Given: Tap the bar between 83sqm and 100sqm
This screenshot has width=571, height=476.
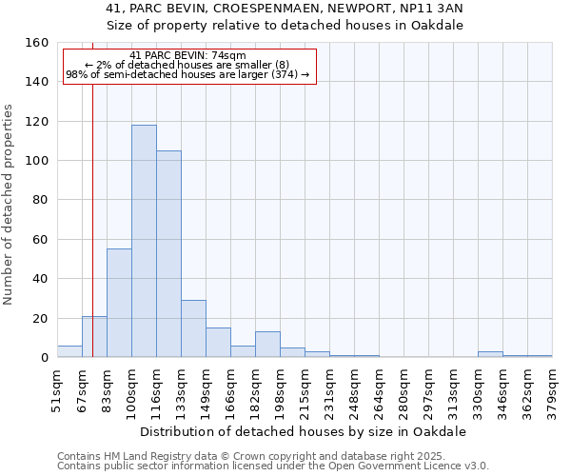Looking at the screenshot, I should pyautogui.click(x=119, y=303).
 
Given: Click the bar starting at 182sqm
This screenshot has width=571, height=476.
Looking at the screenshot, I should pyautogui.click(x=267, y=345).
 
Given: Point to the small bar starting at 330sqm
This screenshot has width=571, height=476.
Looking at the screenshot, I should pyautogui.click(x=490, y=354).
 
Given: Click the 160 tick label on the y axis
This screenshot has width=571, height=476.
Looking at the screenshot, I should pyautogui.click(x=37, y=43).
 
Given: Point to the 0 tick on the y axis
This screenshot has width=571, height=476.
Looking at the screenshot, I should pyautogui.click(x=45, y=358).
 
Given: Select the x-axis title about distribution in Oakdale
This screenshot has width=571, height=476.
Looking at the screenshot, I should pyautogui.click(x=303, y=431).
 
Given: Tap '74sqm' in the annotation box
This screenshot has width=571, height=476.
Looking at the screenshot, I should pyautogui.click(x=228, y=55).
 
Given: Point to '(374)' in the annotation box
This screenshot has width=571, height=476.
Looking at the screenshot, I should pyautogui.click(x=284, y=74).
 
